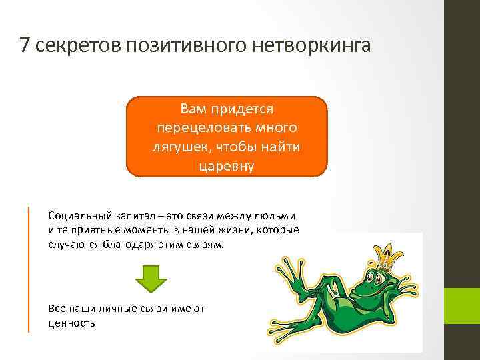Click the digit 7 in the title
coord(25,46)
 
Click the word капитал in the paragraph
coord(129,217)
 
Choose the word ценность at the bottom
coord(72,323)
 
